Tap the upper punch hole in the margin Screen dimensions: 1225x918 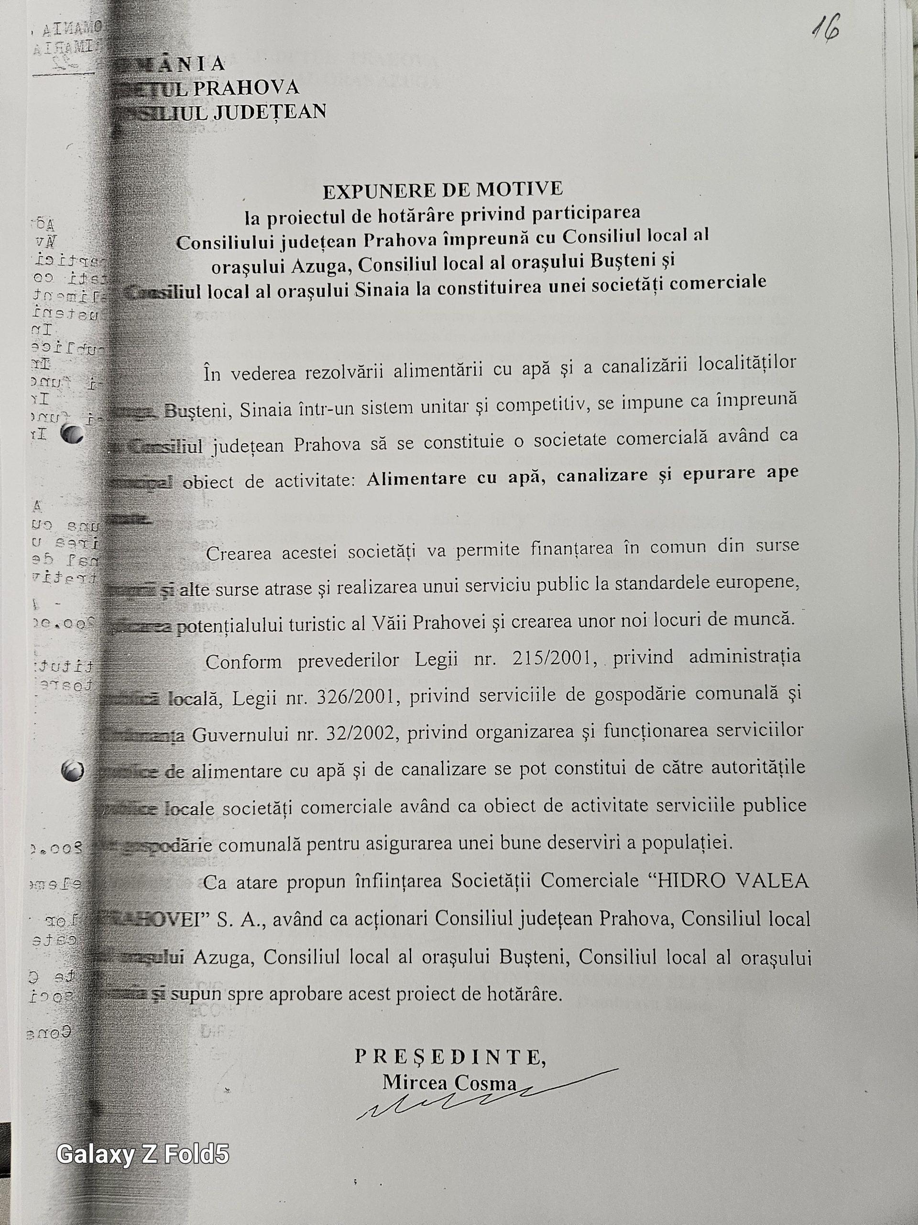click(72, 434)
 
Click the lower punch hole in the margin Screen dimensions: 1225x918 click(73, 771)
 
